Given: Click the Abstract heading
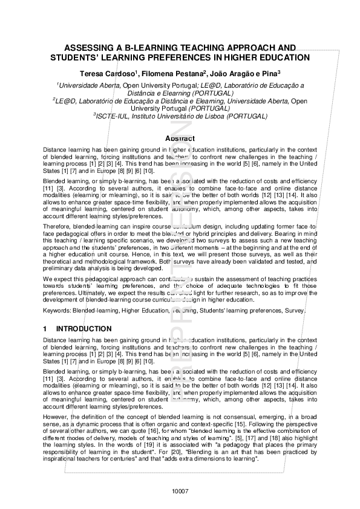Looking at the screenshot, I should click(x=180, y=138).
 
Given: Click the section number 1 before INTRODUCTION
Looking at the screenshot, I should click(x=45, y=329).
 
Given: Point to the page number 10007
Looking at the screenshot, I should click(x=180, y=490).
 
